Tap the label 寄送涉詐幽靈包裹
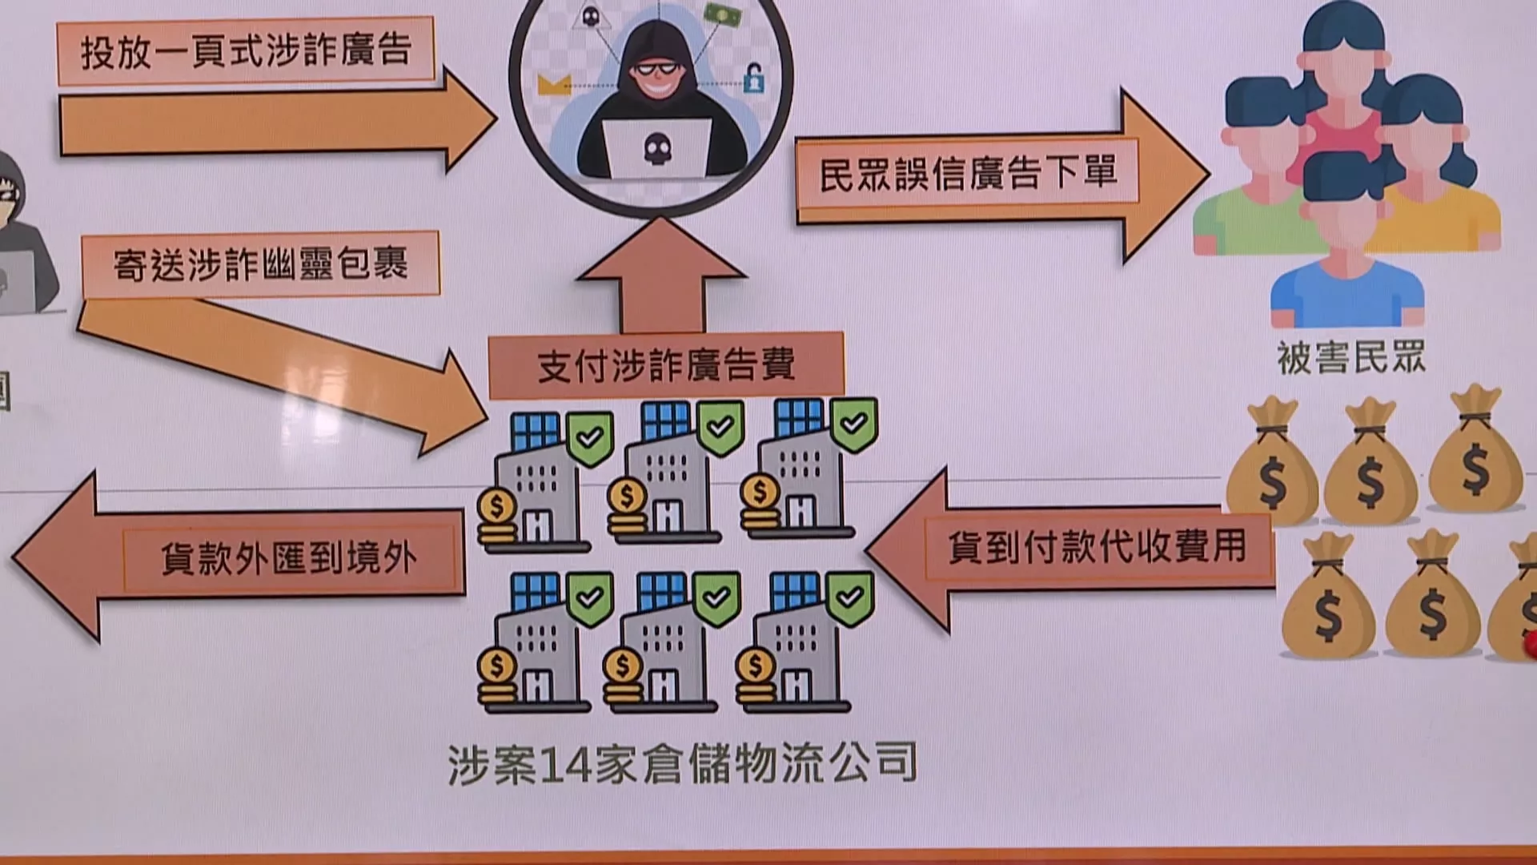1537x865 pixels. (x=260, y=264)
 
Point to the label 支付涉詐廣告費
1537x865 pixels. (x=665, y=366)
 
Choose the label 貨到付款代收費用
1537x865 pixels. (x=1097, y=547)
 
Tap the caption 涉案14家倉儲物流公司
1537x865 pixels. (x=682, y=764)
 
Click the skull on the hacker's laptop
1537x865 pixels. (x=657, y=148)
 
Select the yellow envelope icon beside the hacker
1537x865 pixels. (x=554, y=84)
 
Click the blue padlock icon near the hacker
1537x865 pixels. (x=753, y=78)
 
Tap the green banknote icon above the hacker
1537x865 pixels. (x=722, y=14)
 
